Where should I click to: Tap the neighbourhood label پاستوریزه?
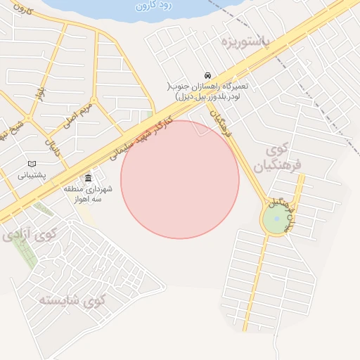[x=245, y=40]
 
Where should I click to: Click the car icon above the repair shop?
[x=207, y=75]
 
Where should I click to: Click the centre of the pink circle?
[x=180, y=179]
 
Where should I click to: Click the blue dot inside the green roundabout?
[x=277, y=219]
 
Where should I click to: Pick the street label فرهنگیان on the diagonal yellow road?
[x=222, y=121]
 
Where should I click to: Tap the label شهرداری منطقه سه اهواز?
[x=89, y=193]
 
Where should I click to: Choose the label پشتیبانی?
[x=31, y=174]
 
